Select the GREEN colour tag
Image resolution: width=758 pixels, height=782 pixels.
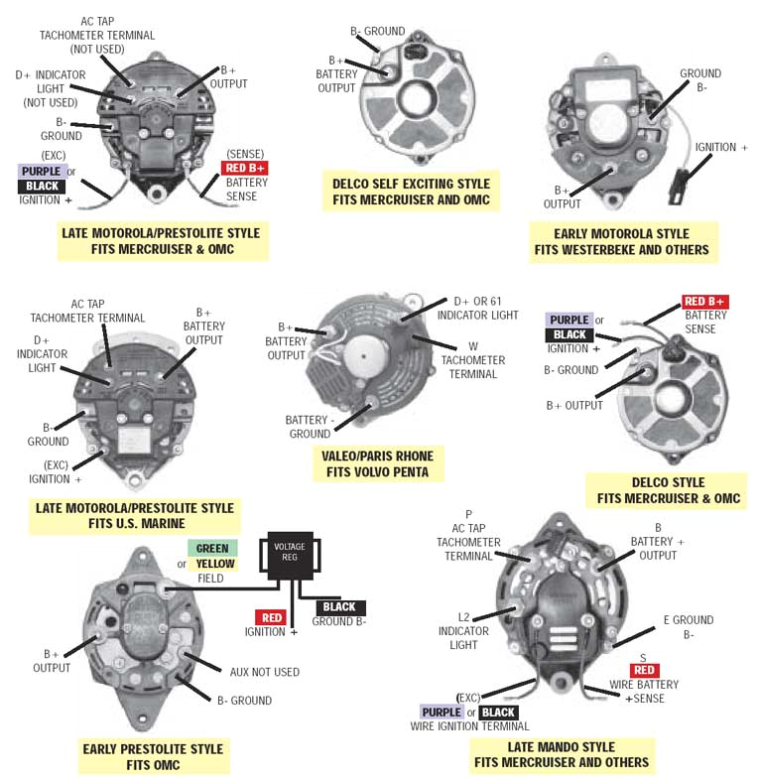(212, 548)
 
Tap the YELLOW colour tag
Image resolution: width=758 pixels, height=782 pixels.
(215, 564)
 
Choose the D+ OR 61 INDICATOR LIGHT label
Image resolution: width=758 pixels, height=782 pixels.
(485, 308)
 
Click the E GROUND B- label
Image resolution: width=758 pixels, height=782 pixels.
(688, 627)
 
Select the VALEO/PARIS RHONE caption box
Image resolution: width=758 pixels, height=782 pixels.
(376, 463)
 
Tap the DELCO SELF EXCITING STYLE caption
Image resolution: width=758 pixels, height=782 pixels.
(410, 193)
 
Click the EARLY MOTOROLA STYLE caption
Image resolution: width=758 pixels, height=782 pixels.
(621, 241)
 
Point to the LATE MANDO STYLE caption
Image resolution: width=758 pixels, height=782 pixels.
(561, 754)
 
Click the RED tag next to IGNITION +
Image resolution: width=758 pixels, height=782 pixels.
(270, 617)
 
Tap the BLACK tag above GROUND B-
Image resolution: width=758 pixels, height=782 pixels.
(339, 607)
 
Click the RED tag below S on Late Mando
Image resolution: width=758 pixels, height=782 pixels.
(644, 670)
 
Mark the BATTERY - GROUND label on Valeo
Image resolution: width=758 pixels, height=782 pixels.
(309, 427)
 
